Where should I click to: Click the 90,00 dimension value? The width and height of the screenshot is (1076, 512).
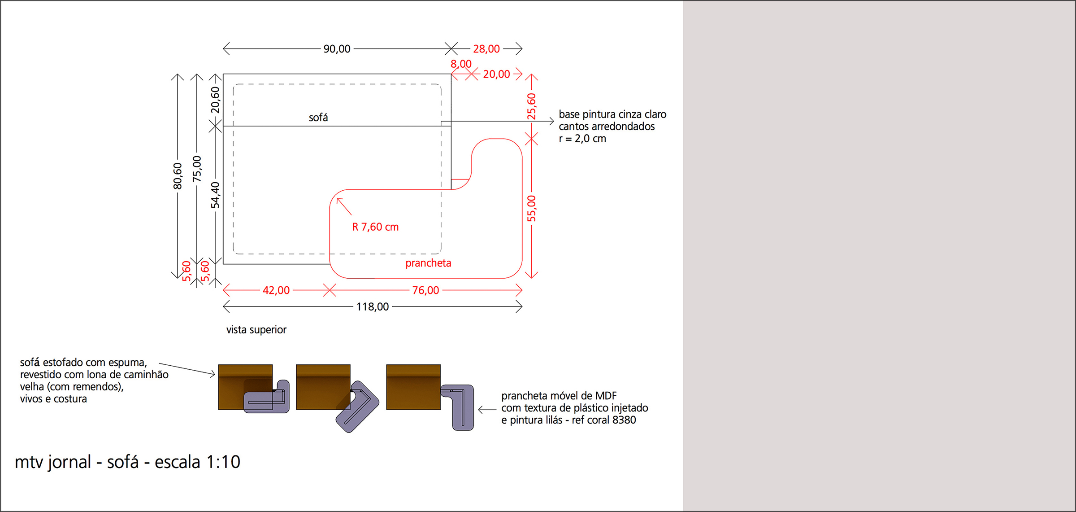coord(337,48)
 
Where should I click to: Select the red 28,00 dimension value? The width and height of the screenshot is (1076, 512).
coord(486,48)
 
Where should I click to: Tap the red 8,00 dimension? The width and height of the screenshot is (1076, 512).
coord(461,64)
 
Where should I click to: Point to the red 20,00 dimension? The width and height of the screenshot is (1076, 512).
coord(496,74)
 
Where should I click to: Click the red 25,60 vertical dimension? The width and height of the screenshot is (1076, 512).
coord(531,106)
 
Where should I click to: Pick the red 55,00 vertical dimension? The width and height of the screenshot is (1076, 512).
coord(531,208)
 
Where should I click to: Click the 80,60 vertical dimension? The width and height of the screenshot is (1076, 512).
coord(178,176)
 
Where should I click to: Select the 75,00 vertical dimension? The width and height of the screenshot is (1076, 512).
coord(197,169)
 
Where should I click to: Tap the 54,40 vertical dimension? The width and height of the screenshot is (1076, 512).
coord(216,195)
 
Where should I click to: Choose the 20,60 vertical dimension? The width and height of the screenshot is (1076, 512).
coord(216,100)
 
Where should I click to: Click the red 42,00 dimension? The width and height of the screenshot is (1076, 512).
coord(276,290)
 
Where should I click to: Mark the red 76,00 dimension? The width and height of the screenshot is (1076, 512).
coord(425,290)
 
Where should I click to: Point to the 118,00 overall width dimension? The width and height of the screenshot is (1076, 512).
coord(372,307)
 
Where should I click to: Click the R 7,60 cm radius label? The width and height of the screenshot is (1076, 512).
coord(375,227)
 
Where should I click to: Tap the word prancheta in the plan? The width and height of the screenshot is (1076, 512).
coord(428,263)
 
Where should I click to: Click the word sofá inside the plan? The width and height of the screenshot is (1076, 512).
coord(318,118)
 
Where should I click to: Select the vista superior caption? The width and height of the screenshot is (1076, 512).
coord(256,330)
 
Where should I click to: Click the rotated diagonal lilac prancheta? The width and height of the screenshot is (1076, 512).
coord(357,407)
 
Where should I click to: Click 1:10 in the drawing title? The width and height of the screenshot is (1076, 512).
coord(223,462)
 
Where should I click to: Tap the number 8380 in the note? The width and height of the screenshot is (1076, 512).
coord(624,420)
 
